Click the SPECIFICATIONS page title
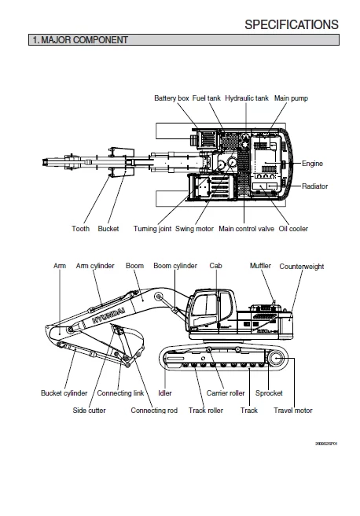tap(291, 24)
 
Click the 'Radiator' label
tap(315, 186)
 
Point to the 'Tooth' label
tap(80, 229)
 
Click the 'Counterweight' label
tap(301, 267)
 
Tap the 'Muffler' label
tap(260, 266)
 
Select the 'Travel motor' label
tap(292, 410)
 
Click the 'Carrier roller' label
tap(226, 393)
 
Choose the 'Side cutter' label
tap(89, 410)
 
